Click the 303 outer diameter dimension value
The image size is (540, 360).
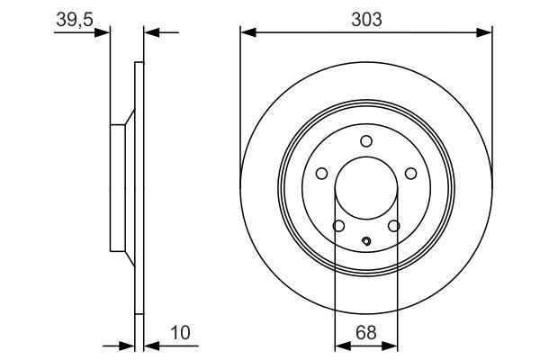(x=365, y=17)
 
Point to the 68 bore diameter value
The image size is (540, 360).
(x=365, y=333)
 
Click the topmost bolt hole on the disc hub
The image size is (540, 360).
(x=365, y=140)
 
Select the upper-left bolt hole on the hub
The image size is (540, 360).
(x=321, y=174)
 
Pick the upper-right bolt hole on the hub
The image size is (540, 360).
(x=410, y=174)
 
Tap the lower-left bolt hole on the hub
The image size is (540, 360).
(x=338, y=226)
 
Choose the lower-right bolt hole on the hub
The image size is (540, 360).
(x=393, y=226)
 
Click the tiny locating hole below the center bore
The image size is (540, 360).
(x=365, y=240)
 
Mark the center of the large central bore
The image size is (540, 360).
(x=365, y=189)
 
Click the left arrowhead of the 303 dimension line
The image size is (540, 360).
(x=246, y=32)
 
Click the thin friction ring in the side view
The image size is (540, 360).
(x=139, y=270)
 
